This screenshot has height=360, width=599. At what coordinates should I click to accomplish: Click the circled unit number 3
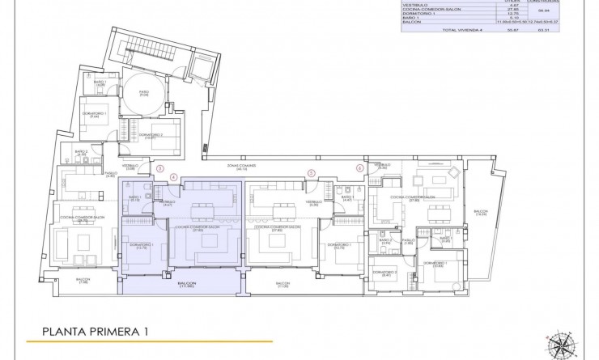(x=160, y=169)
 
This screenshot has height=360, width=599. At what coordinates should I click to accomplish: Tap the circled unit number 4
(x=173, y=176)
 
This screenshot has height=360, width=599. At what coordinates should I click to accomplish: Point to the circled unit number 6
(x=359, y=168)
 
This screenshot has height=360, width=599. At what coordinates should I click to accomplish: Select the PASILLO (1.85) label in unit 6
(x=409, y=241)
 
